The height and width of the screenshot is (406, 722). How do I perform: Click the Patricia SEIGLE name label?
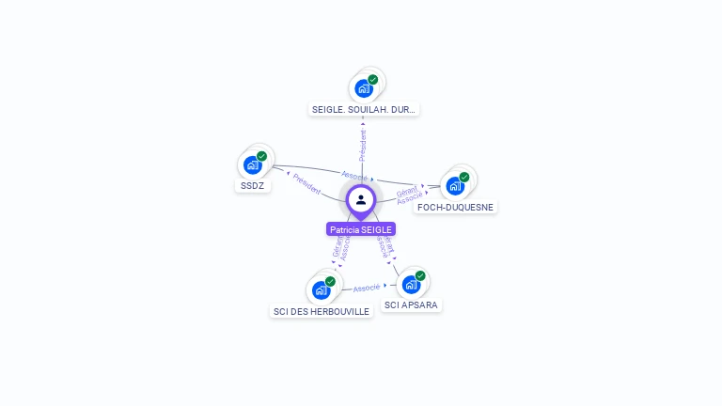click(361, 229)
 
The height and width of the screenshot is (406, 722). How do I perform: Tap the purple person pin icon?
click(361, 200)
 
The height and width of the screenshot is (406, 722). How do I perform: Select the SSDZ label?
click(253, 185)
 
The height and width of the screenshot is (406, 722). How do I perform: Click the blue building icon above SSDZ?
click(252, 165)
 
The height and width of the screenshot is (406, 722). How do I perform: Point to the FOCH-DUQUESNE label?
click(456, 207)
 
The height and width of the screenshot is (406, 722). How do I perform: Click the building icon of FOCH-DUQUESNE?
click(455, 186)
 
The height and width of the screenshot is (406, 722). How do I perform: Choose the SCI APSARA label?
click(412, 304)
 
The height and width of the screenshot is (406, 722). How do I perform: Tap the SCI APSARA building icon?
click(411, 285)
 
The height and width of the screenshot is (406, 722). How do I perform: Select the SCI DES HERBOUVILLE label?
click(322, 311)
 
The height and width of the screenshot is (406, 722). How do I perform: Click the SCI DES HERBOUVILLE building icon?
click(321, 289)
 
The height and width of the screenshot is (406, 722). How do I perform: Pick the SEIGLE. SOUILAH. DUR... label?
click(363, 109)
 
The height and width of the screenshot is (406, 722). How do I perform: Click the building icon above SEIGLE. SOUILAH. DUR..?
click(363, 89)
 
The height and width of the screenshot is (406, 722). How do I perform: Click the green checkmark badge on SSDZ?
click(262, 156)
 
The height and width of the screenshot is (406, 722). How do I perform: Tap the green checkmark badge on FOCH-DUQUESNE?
click(464, 177)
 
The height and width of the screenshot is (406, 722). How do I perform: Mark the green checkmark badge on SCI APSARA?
click(420, 275)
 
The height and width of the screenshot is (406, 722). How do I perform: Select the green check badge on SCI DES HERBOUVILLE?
click(330, 281)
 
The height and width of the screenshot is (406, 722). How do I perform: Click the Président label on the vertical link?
click(363, 145)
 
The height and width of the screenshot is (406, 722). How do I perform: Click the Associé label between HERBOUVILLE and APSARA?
click(367, 287)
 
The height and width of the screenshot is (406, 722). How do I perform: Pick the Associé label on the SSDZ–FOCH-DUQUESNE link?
click(354, 176)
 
